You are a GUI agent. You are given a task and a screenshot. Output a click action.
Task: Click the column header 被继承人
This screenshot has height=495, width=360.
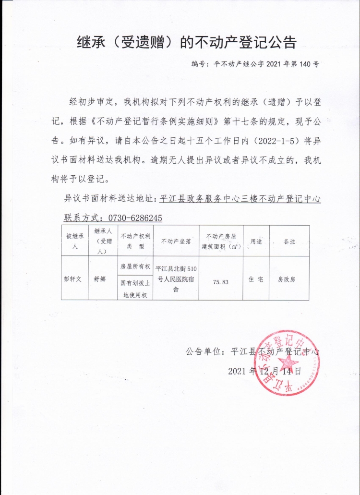click(74, 240)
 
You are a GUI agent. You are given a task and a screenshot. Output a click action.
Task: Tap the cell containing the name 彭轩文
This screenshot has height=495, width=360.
click(74, 278)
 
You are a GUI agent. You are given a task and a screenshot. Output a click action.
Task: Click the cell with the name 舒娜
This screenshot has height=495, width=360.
click(103, 278)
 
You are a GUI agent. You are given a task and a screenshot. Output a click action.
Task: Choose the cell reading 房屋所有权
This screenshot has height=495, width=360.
click(135, 266)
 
